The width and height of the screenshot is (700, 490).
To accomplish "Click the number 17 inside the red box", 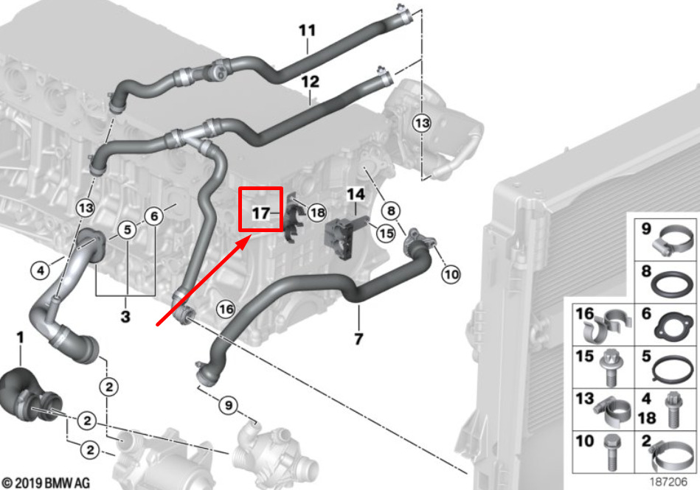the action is [x=261, y=213].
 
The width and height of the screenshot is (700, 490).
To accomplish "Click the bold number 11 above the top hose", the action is [x=307, y=30].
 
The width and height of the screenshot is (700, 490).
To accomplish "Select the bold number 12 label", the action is [x=311, y=82].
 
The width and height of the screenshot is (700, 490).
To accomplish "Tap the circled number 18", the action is [x=317, y=213].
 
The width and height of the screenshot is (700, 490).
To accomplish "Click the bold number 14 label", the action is [x=356, y=195].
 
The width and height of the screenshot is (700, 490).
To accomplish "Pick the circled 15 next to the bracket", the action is [x=386, y=233].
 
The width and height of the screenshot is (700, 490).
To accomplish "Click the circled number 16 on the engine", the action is [x=226, y=309].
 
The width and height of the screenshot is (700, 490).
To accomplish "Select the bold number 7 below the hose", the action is [x=358, y=339].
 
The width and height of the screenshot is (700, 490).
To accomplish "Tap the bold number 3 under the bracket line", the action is [x=125, y=317].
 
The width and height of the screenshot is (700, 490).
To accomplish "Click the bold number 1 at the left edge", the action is [x=20, y=337].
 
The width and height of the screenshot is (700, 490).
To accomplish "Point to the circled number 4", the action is [x=41, y=270].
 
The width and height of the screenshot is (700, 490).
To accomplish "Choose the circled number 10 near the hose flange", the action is [x=451, y=274].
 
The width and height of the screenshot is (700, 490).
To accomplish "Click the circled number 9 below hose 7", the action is [x=228, y=405].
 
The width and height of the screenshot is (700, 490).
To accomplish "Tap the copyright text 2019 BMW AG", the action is [x=46, y=483].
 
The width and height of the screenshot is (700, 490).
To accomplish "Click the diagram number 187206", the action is [x=668, y=482].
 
